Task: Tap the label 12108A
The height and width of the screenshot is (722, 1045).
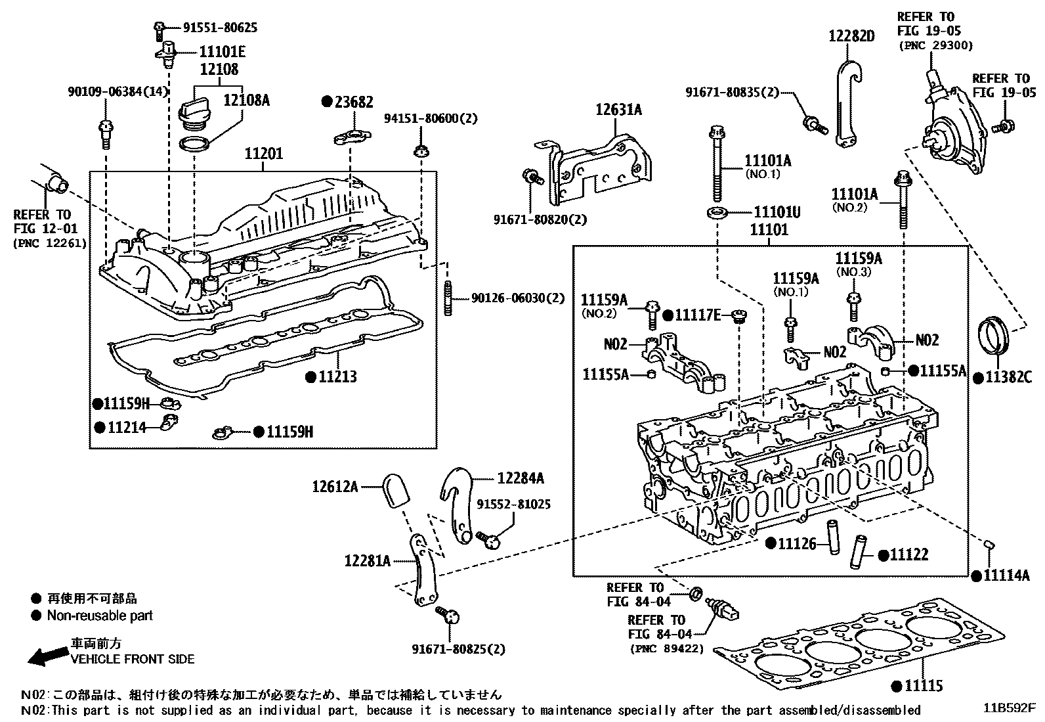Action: point(246,100)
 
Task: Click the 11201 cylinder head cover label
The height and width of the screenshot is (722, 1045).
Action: point(264,154)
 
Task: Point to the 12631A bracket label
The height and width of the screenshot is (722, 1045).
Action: point(618,110)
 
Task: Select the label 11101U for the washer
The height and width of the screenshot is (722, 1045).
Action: point(777,212)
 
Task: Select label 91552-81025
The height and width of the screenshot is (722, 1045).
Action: point(514,504)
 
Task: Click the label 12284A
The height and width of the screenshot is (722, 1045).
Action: point(520,478)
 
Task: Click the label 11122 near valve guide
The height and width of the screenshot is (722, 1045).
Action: point(908,555)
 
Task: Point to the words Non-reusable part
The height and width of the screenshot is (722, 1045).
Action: point(100,616)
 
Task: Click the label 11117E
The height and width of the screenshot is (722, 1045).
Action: point(698,316)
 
